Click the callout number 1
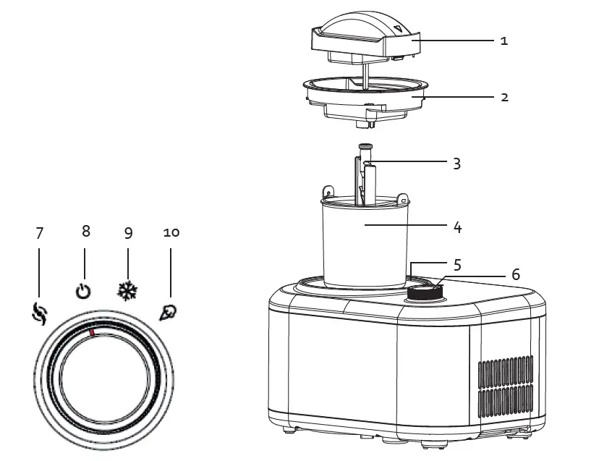pos(504,41)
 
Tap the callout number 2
pos(504,96)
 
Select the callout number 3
pos(456,163)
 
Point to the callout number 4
pos(456,227)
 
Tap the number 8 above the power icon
pos(85,231)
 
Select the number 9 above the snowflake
pos(128,233)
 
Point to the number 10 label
pos(171,232)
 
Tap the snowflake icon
pos(127,291)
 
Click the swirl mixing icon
pos(40,313)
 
